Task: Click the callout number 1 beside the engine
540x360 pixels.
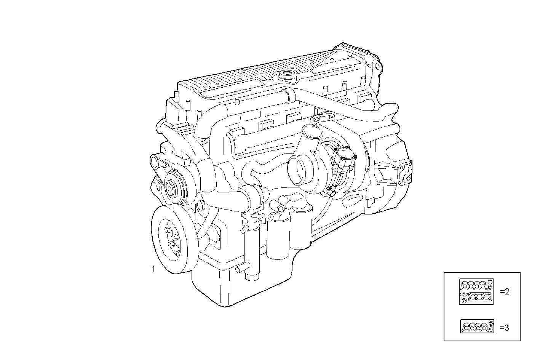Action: [153, 269]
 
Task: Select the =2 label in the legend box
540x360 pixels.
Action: [505, 292]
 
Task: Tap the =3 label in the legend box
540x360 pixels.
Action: [504, 327]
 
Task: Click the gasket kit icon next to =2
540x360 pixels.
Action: [476, 291]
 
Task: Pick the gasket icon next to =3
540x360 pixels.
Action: [477, 326]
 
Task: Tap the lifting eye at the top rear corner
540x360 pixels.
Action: [377, 67]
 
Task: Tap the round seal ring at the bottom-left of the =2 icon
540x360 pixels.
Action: [464, 301]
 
